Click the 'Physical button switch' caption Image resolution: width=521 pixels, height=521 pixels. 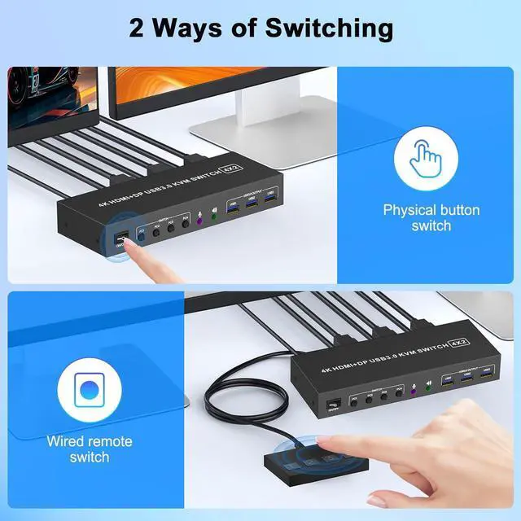point(431,217)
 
